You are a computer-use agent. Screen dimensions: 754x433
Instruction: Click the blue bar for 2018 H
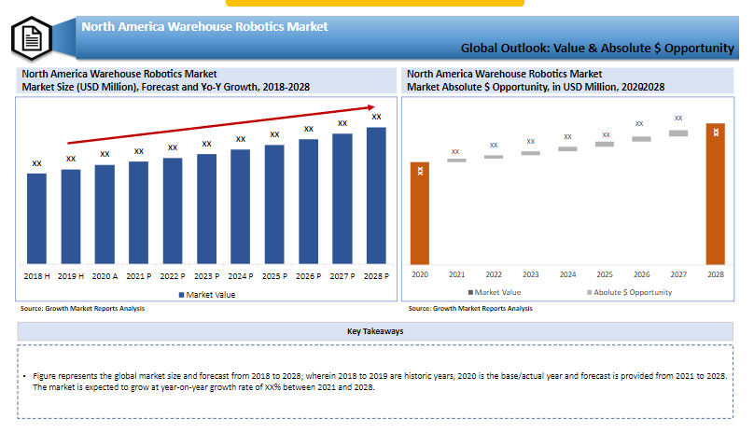tap(36, 218)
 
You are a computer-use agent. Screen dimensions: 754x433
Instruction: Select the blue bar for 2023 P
tap(207, 209)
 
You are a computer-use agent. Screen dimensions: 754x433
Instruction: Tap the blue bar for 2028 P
tap(376, 195)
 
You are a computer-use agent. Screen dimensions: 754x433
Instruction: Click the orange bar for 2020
tap(420, 213)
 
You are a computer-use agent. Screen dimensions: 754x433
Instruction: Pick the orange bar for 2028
tap(716, 194)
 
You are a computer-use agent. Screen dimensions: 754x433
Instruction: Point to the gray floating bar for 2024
tap(567, 149)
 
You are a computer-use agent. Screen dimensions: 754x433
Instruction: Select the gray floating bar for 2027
tap(678, 133)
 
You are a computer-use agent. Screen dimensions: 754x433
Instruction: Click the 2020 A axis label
tap(105, 276)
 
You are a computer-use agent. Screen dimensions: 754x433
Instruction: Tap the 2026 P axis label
tap(308, 276)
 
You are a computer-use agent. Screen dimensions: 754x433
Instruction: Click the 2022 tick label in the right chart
tap(494, 274)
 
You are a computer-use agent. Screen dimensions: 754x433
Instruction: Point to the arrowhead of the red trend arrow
tap(371, 107)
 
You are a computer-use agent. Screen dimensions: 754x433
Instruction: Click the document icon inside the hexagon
tap(32, 38)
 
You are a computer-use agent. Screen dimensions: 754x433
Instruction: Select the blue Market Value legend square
tap(181, 295)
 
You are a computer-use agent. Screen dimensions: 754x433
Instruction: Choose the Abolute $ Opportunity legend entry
tap(630, 292)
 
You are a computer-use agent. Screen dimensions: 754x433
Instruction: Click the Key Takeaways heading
tap(375, 331)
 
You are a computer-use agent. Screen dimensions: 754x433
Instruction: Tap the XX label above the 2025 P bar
tap(274, 134)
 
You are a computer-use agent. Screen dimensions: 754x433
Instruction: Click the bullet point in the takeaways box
tap(24, 376)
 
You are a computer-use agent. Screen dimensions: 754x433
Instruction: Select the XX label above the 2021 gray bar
tap(455, 151)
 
